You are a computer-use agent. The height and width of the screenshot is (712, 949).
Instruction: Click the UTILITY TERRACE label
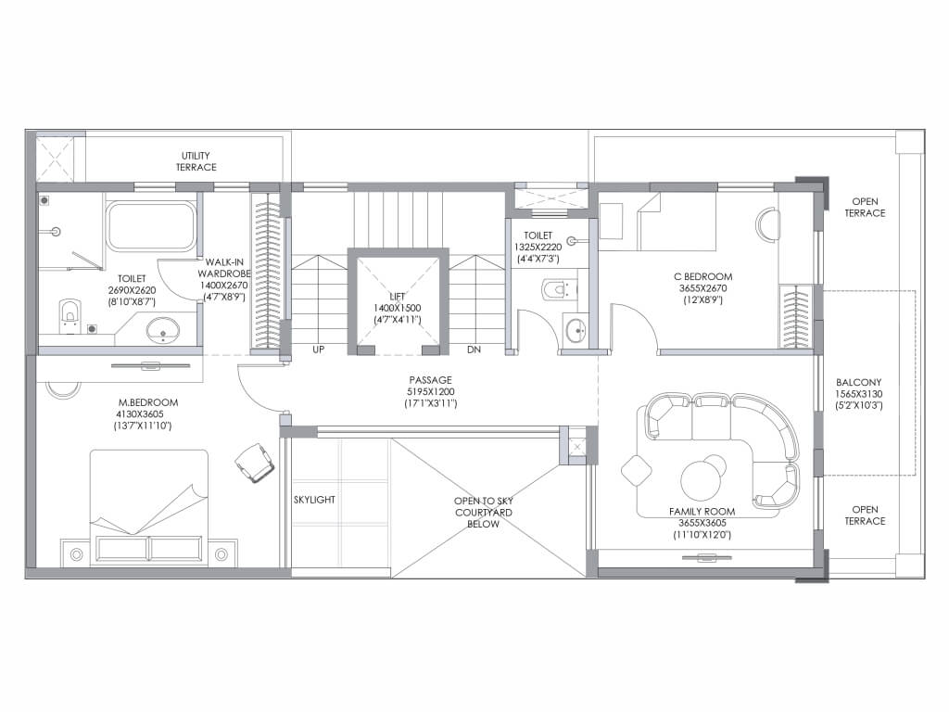(x=196, y=161)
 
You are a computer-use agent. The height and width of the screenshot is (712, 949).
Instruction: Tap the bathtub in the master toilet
(x=151, y=226)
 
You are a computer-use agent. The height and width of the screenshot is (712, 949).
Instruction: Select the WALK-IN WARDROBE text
(x=224, y=268)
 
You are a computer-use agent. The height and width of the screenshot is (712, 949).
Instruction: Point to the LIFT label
(x=398, y=296)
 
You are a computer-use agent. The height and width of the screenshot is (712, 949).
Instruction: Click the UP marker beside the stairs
(x=319, y=350)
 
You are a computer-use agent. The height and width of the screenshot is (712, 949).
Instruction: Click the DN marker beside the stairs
(x=474, y=350)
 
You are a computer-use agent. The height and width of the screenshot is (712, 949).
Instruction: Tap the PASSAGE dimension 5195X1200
(x=430, y=392)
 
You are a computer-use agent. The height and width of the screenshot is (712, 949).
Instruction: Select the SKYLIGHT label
(x=314, y=500)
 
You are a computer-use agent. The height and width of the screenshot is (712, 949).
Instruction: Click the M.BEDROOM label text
(x=148, y=402)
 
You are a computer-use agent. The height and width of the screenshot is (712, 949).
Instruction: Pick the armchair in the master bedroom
(x=254, y=462)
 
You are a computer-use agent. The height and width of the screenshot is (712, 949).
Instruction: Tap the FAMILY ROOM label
(x=702, y=512)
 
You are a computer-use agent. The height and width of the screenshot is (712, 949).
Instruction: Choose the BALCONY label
(x=859, y=383)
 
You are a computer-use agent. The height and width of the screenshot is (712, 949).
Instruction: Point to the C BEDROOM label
(x=703, y=276)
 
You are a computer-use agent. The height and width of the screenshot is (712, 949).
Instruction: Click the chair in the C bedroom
(x=767, y=224)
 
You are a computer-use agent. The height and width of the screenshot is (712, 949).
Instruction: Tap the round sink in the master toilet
(x=163, y=331)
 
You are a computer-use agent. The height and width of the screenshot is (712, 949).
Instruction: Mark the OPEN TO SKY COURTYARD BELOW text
(x=484, y=512)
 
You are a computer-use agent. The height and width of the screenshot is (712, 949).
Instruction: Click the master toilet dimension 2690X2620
(x=132, y=290)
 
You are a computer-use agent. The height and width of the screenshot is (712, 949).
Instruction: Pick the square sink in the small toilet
(x=576, y=331)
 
